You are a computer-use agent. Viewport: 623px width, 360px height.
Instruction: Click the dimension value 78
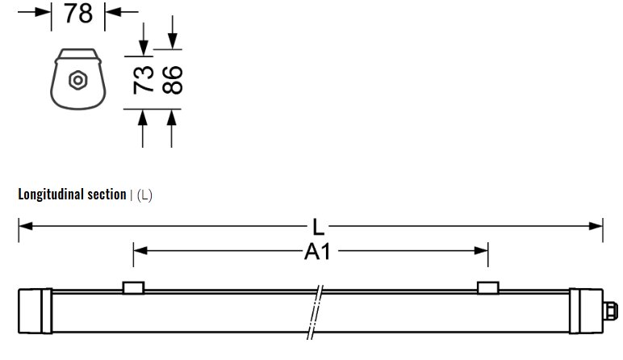click(x=77, y=14)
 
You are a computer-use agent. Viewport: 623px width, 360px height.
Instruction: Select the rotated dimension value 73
click(x=144, y=81)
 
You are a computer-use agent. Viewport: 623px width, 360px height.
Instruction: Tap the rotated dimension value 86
click(x=172, y=81)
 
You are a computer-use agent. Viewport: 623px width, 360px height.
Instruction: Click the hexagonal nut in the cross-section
click(x=78, y=81)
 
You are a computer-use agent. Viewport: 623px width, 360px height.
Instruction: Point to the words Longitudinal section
click(x=72, y=195)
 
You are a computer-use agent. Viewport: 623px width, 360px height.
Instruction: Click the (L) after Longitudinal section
click(x=144, y=195)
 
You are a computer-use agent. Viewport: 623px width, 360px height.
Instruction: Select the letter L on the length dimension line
click(x=319, y=227)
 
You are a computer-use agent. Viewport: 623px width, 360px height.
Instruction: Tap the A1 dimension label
click(x=317, y=253)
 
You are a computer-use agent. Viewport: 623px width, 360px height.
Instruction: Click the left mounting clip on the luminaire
click(x=133, y=288)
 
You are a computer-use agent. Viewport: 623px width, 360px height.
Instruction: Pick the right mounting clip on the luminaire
click(x=488, y=288)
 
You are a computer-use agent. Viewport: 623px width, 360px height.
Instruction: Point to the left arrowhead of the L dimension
click(x=24, y=227)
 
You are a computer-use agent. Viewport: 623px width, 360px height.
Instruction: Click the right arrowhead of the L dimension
click(x=597, y=227)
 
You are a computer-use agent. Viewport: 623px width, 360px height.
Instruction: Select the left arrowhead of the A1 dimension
click(x=140, y=251)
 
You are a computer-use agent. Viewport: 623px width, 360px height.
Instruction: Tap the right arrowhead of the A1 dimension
click(x=482, y=251)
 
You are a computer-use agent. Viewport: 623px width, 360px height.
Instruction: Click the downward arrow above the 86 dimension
click(x=172, y=40)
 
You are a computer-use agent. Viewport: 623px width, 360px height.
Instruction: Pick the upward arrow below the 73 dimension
click(x=144, y=119)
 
